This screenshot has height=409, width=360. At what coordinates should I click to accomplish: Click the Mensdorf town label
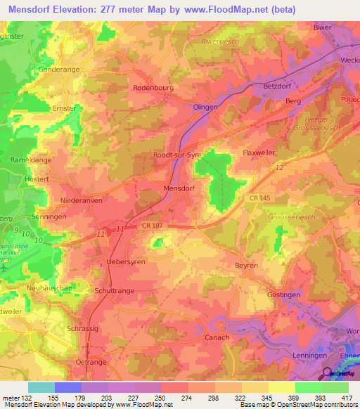point(178,189)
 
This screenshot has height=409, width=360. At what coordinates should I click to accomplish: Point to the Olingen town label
point(205,106)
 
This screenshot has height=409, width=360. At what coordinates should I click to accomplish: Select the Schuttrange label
point(114,290)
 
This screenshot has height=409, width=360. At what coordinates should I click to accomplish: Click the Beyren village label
point(246,266)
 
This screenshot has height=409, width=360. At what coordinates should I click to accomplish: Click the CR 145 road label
point(261,200)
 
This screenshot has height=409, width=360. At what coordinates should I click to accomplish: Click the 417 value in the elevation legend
point(345,398)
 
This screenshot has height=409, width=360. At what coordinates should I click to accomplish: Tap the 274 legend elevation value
point(186,398)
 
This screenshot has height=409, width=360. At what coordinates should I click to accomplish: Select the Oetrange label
point(89,361)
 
